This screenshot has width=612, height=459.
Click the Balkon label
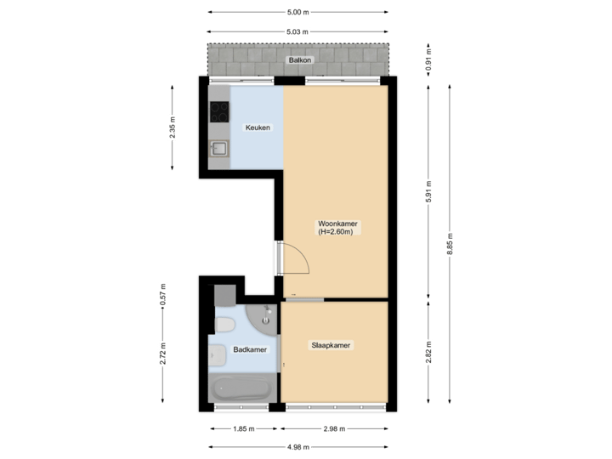click(298, 60)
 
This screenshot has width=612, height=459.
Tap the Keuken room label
click(258, 127)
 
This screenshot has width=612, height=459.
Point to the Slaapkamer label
click(331, 345)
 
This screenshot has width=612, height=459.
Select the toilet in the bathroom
click(224, 326)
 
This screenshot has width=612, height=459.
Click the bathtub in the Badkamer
click(241, 389)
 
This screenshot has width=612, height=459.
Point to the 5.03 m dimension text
click(297, 32)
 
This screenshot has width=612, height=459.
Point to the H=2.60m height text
click(337, 232)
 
